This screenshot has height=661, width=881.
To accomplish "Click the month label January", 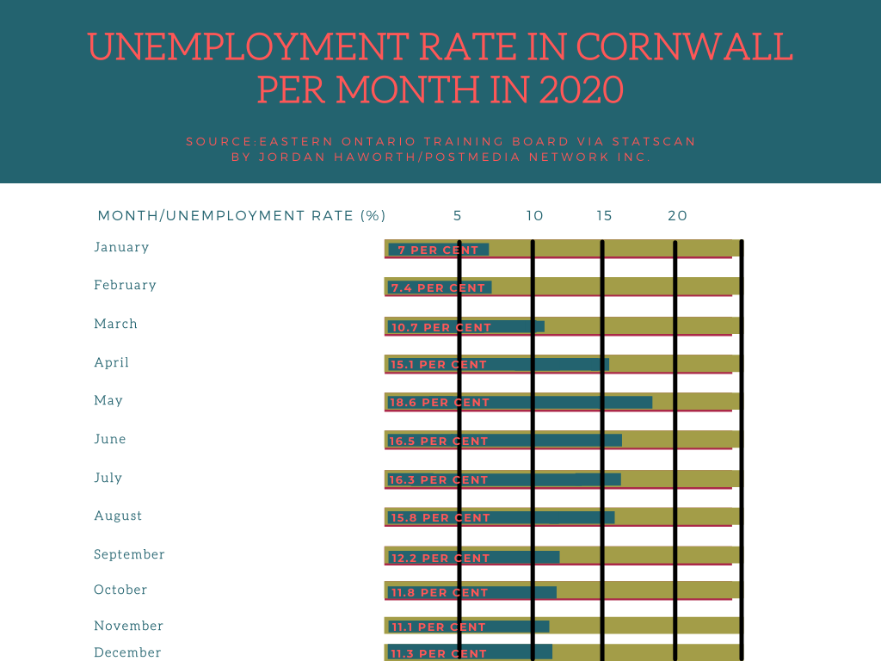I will (x=121, y=247).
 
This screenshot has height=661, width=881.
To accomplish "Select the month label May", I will (x=108, y=400).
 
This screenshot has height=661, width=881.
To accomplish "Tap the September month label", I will (x=129, y=554).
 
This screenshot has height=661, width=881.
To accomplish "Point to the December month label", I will (x=127, y=652).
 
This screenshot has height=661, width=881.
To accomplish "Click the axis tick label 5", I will (x=458, y=215).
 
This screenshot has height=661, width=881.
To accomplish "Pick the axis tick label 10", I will (x=534, y=215).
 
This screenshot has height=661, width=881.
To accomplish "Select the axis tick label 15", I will (x=605, y=215).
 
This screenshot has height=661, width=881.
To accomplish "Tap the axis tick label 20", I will (x=678, y=215).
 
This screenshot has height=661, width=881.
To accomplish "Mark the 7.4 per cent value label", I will (x=438, y=288).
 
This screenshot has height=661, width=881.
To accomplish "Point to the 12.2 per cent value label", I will (x=439, y=559).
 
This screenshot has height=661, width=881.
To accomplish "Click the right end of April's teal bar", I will (x=607, y=364).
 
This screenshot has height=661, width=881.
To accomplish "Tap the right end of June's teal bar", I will (x=620, y=441).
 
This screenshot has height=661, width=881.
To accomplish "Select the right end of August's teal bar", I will (x=613, y=517).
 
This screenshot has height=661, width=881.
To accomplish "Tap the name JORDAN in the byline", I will (x=278, y=158).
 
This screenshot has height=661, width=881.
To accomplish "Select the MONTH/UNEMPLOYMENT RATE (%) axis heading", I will (x=242, y=215).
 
